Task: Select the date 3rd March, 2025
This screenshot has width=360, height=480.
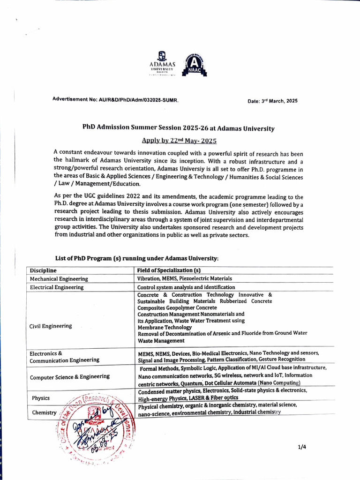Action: click(272, 101)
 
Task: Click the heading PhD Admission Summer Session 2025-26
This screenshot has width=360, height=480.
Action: click(179, 127)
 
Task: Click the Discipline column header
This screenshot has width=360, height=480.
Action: click(44, 270)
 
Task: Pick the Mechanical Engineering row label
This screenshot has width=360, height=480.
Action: click(59, 279)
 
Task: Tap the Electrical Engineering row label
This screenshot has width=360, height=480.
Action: click(57, 287)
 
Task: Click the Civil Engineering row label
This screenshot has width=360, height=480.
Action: click(51, 326)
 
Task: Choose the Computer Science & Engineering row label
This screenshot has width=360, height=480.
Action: click(70, 376)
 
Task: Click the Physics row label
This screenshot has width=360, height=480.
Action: click(41, 398)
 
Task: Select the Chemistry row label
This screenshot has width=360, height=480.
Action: click(44, 413)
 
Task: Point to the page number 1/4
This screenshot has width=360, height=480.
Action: click(302, 447)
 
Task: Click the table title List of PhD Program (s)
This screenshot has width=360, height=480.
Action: click(137, 258)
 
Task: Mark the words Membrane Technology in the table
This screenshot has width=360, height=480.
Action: click(165, 327)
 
